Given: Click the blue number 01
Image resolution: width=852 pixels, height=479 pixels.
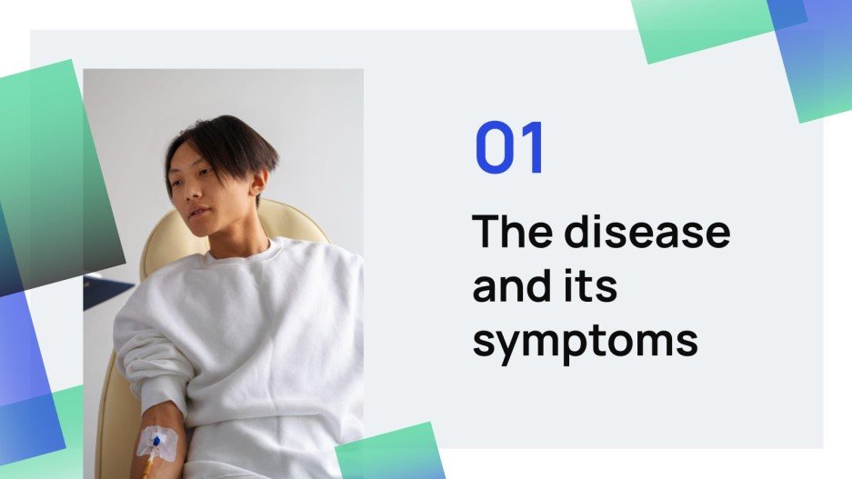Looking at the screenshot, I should (x=510, y=149).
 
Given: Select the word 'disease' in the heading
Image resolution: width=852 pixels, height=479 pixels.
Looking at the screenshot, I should (x=647, y=233).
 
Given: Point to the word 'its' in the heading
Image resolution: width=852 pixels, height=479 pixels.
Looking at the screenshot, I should (x=590, y=287).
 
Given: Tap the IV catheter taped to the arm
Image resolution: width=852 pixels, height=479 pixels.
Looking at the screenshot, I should (x=156, y=443).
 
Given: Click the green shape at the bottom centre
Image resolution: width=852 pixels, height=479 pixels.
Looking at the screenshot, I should (x=391, y=454).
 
